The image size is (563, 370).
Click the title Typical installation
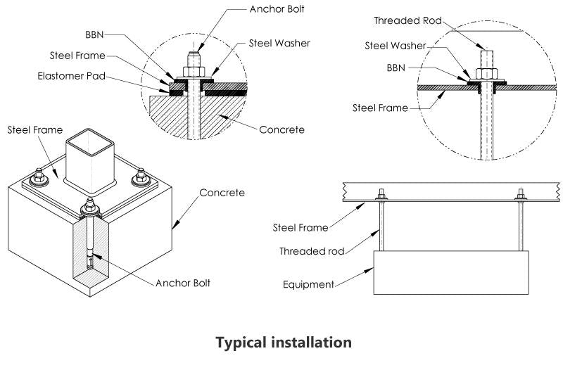tap(283, 343)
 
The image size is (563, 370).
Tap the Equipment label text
tap(308, 285)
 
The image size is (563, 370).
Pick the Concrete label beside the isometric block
tap(222, 192)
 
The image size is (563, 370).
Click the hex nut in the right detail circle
tap(484, 73)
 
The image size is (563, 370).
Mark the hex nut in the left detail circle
tap(194, 72)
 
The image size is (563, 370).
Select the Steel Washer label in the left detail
tap(279, 44)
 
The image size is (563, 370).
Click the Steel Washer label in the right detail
tap(395, 46)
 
